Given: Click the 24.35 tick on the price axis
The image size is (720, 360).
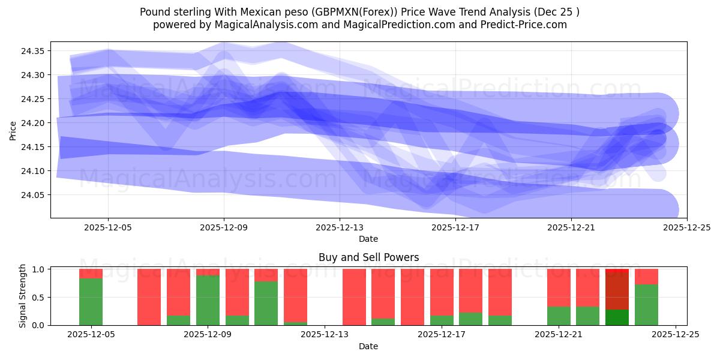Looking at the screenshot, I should [x=32, y=51].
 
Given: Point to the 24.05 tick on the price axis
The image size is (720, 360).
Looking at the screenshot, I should [x=32, y=195].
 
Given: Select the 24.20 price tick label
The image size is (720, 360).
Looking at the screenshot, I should [x=32, y=123].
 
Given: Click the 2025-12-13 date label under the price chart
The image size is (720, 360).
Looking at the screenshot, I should [x=340, y=228].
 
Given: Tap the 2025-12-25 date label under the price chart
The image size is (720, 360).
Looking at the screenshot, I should [x=686, y=228].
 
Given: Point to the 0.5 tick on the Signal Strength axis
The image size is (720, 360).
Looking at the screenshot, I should [x=38, y=297].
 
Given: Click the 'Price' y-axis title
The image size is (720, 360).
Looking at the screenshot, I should [x=13, y=130].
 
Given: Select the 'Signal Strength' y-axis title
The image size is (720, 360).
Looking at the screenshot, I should [x=23, y=296].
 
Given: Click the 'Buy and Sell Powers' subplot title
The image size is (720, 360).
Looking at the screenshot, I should [x=368, y=257].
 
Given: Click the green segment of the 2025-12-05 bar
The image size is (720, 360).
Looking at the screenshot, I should [x=91, y=302].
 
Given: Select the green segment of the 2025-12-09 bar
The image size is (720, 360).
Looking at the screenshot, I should [x=208, y=300].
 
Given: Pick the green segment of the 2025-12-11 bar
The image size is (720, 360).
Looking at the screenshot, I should [x=266, y=303].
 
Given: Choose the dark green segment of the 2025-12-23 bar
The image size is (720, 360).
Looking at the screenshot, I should [x=617, y=317].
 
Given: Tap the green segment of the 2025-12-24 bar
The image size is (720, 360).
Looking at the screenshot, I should [x=647, y=305].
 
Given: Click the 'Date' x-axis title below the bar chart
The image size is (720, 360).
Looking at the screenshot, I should [x=368, y=346].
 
